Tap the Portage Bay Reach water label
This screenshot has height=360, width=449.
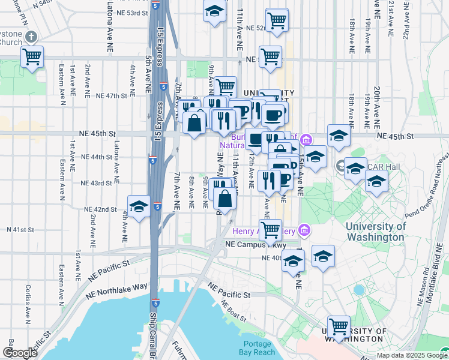pos(257,348)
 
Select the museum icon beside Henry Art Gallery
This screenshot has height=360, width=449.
pos(304,230)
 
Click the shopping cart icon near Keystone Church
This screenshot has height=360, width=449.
pos(32,58)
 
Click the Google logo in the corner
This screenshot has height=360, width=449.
pos(20,353)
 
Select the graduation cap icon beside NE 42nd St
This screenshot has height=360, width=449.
pos(139,207)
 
